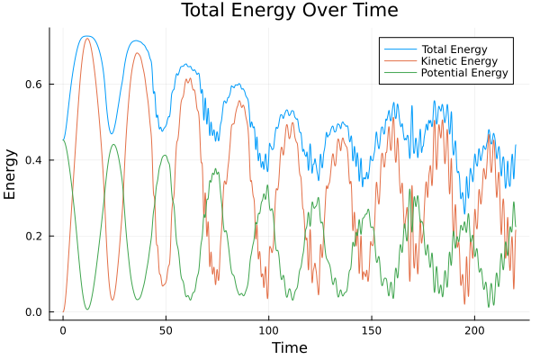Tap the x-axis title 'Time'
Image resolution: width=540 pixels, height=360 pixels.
point(290,347)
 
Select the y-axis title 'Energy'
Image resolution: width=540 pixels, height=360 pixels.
point(11,173)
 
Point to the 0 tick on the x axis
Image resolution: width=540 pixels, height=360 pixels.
point(63,329)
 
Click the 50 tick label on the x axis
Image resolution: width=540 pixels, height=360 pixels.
point(166,329)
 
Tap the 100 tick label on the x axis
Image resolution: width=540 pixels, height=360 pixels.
point(268,329)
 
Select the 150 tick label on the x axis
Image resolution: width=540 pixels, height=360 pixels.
point(372,329)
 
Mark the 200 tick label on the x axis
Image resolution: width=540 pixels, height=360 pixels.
point(474,329)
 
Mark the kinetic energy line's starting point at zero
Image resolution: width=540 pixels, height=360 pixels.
point(63,311)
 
